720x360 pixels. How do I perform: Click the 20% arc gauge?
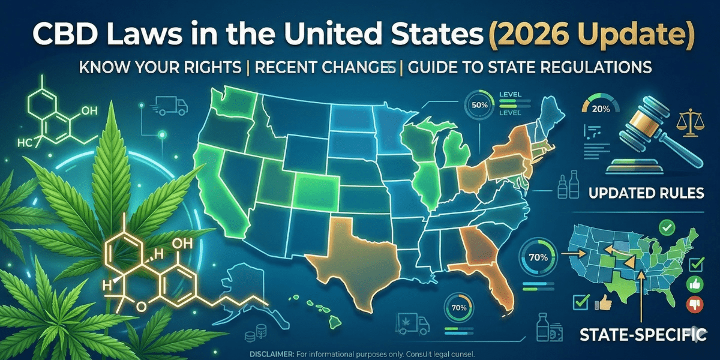[x=601, y=109]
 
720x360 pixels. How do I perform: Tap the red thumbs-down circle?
[x=697, y=302]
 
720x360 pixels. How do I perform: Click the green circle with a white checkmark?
[x=664, y=227]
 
